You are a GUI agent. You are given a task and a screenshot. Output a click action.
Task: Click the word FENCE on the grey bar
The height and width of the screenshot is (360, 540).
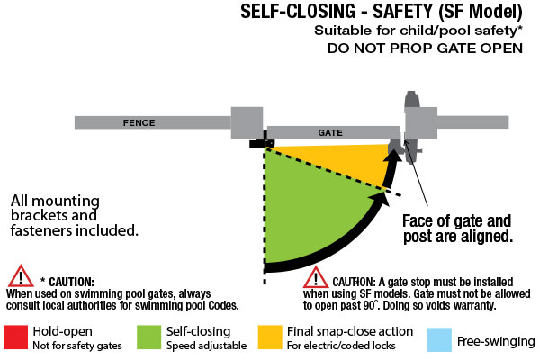click(x=130, y=121)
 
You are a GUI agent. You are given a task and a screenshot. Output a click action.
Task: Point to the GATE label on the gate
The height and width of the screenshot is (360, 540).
click(x=331, y=132)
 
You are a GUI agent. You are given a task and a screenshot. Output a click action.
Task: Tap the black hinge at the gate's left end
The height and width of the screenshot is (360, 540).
click(x=261, y=142)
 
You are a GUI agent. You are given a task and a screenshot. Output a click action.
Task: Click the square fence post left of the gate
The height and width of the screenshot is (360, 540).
click(x=246, y=124)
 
